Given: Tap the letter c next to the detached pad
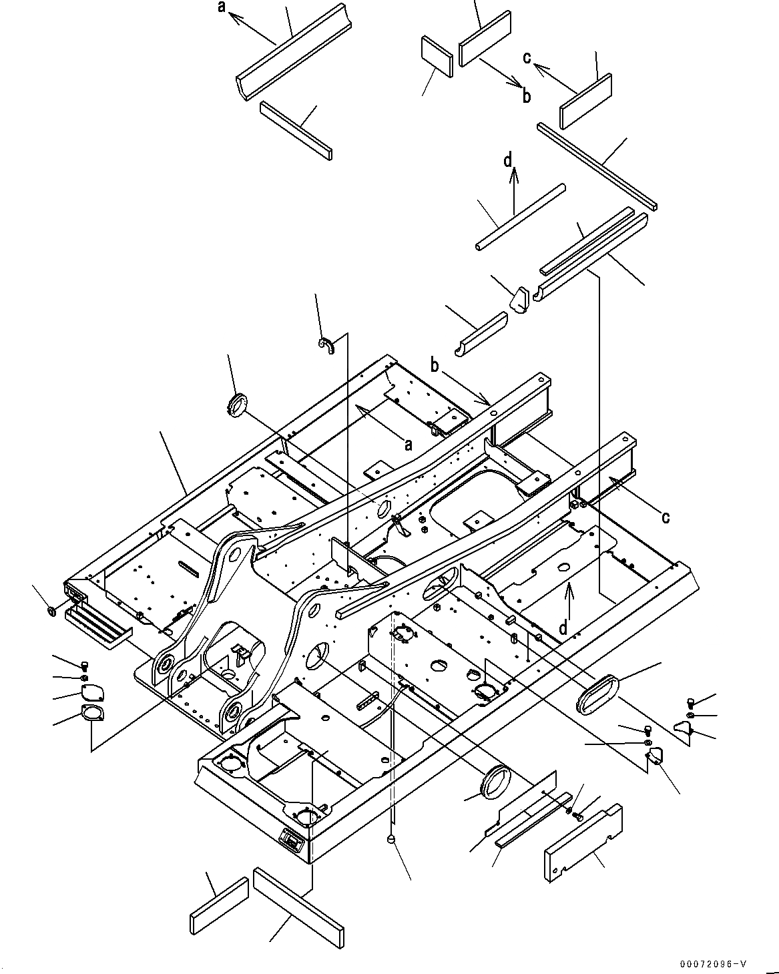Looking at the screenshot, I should (527, 58).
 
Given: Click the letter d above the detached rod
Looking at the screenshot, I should (509, 160).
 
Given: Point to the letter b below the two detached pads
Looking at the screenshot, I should (527, 96).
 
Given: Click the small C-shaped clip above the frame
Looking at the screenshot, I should (326, 346).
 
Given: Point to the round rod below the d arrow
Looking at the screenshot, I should (521, 218).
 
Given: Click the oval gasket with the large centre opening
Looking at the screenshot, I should (93, 714).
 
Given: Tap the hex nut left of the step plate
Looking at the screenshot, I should (51, 611).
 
